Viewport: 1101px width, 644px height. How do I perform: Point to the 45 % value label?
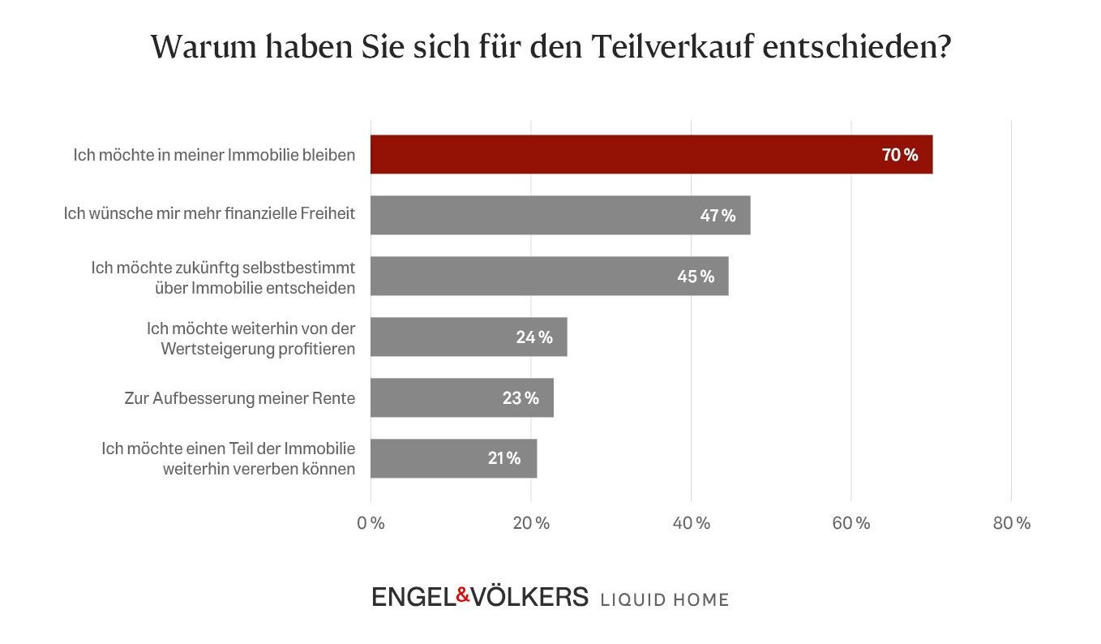pos(696,277)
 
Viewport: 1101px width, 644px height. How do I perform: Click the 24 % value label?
pos(534,337)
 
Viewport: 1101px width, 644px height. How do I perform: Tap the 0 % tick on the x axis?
pos(371,523)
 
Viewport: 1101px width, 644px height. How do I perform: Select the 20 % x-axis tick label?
pos(531,523)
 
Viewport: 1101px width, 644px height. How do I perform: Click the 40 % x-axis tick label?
pos(692,523)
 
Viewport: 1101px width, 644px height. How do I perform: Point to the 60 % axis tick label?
pos(851,523)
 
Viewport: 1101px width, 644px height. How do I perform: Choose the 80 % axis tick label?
pos(1011,523)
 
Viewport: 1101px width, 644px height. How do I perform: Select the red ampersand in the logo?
pos(463,595)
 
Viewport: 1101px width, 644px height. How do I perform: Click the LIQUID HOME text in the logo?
pos(664,599)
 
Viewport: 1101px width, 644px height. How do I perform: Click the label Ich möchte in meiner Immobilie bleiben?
pos(214,154)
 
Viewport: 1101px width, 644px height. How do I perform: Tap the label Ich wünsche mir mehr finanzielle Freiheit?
pos(209,215)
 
